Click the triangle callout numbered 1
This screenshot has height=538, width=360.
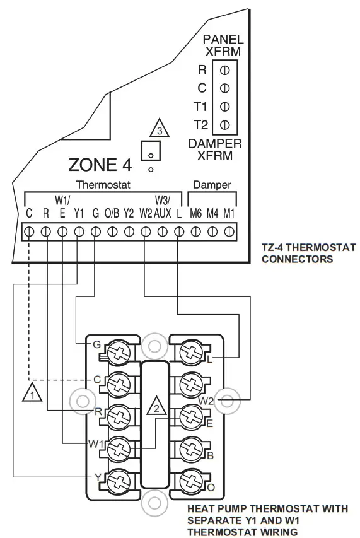click(x=30, y=395)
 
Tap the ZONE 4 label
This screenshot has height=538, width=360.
click(x=100, y=166)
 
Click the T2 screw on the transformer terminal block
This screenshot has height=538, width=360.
click(x=224, y=123)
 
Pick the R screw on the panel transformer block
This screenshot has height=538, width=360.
click(x=224, y=69)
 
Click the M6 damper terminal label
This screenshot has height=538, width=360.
click(x=196, y=213)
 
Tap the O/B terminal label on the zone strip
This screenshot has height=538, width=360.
click(x=112, y=213)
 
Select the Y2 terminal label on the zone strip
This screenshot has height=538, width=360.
click(x=129, y=213)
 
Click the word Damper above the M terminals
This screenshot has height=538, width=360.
click(x=212, y=185)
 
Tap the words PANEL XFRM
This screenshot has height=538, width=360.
click(x=223, y=45)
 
